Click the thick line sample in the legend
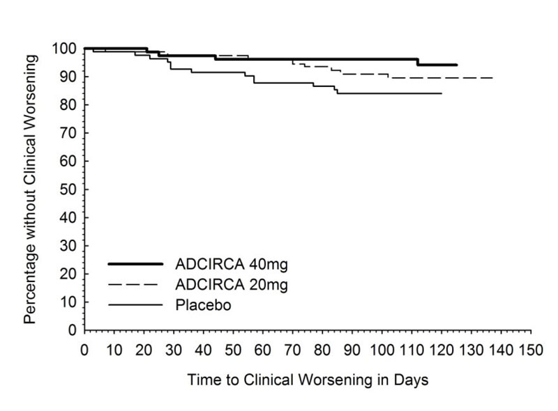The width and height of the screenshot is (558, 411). coord(135,264)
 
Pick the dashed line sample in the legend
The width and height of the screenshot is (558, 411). coord(135,284)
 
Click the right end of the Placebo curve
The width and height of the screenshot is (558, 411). coord(442,93)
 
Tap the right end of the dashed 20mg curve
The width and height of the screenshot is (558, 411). coord(492,77)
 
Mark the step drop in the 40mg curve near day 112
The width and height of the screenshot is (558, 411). coord(417,62)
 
